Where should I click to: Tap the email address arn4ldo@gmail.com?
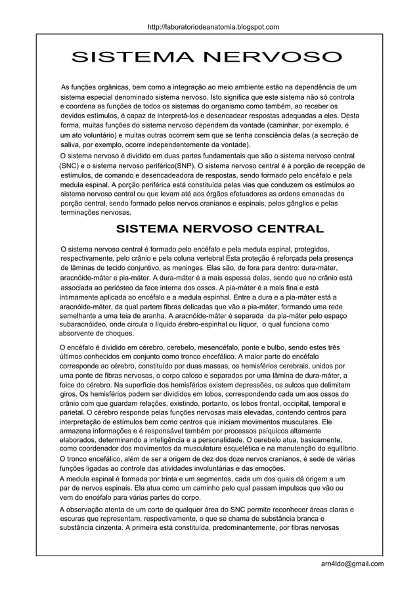pos(349,563)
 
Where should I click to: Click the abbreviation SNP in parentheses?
pos(185,165)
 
